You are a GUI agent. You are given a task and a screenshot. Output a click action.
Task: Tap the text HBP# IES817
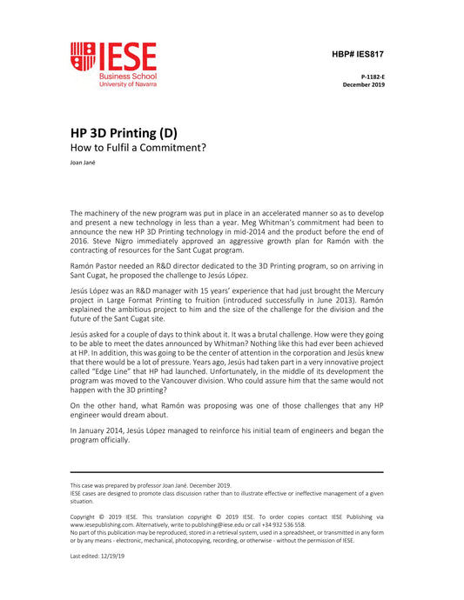point(357,54)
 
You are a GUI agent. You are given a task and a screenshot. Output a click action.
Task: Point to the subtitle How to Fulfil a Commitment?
point(138,148)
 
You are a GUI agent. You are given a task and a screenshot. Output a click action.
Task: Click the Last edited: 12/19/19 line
point(98,556)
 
